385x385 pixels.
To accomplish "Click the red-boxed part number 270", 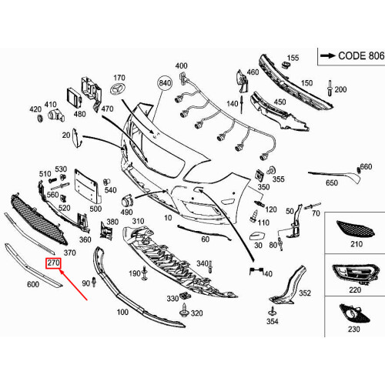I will pos(52,263).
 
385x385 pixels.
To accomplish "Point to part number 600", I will pos(32,285).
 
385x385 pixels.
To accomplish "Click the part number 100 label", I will pos(122,313).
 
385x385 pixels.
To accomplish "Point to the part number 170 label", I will pos(119,79).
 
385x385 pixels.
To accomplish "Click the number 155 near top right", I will pos(293,58).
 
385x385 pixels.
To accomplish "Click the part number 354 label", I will pos(272,321).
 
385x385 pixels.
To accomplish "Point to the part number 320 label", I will pos(196,313).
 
